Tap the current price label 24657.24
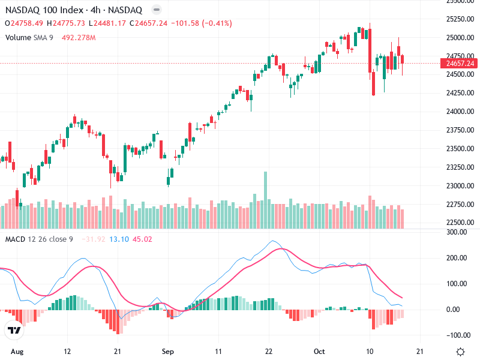[457, 63]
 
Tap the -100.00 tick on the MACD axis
[458, 335]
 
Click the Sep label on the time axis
[168, 351]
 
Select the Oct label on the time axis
[320, 351]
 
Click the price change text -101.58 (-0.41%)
[201, 23]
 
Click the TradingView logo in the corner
[14, 331]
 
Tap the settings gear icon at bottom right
[460, 352]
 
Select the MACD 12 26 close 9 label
[39, 239]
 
